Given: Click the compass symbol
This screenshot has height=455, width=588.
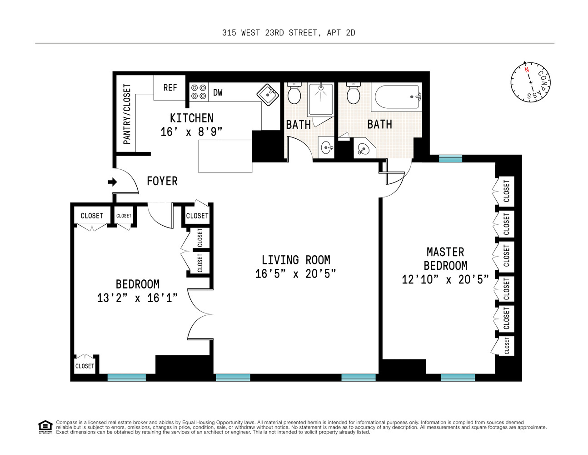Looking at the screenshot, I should pos(530,82).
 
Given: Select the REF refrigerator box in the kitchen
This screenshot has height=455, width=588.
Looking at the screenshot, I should pos(170,87).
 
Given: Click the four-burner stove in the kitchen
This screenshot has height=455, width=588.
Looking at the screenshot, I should pos(198,91).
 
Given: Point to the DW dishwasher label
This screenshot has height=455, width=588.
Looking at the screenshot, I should pos(218,92).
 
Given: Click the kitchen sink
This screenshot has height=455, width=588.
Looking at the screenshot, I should pos(268,95).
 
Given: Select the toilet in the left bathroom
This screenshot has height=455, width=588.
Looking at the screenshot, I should pos(294,94).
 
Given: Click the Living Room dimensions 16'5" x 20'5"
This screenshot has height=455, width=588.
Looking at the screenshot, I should pos(295,273).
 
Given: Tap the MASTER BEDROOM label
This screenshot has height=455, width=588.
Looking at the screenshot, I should pos(445,258).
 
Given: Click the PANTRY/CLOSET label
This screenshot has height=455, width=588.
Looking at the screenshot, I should pos(127,114).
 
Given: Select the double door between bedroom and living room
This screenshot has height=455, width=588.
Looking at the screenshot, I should pos(200,314).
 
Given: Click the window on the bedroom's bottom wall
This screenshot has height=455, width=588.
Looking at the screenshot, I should pos(126,377).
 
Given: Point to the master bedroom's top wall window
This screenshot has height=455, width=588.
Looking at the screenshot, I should pos(450,158).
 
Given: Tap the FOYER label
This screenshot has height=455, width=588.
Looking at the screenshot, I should pos(162,181).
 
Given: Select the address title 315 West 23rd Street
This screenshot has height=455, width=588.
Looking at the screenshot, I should pos(289,33).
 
